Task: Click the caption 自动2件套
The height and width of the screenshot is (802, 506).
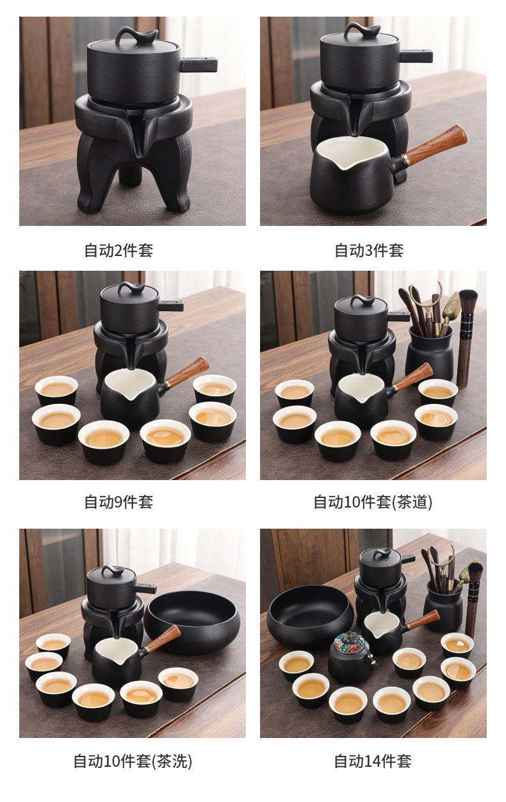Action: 118,250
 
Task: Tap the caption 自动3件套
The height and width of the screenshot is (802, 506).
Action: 369,250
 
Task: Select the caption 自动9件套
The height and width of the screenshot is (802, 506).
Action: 118,502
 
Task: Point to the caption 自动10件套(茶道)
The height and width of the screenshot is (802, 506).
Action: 373,502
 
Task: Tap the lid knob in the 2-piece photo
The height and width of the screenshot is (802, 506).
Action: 136,35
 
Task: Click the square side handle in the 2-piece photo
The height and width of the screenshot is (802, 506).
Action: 199,65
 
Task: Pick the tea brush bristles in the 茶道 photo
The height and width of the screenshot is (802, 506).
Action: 468,301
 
